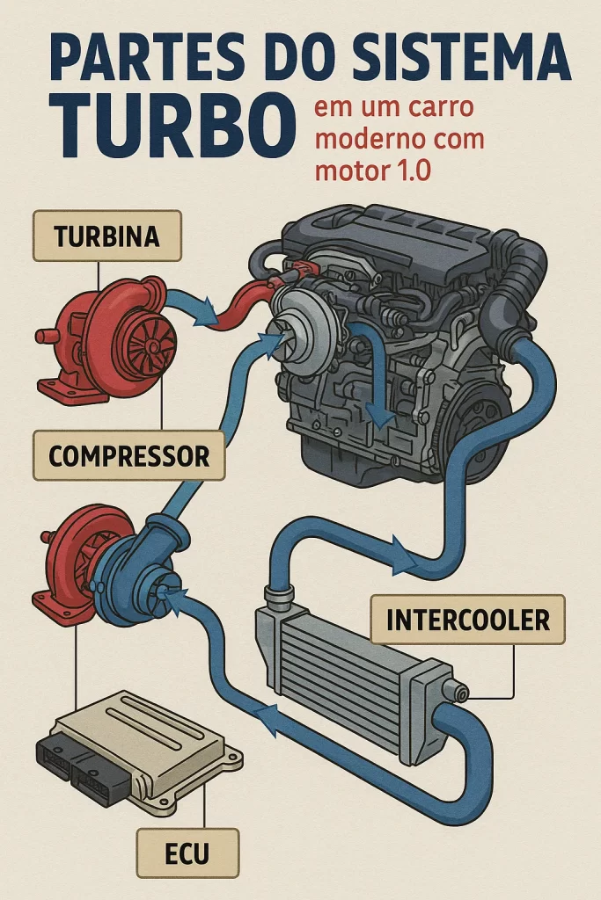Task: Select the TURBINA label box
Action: (106, 236)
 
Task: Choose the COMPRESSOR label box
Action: (128, 455)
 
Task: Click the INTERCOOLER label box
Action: (467, 620)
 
